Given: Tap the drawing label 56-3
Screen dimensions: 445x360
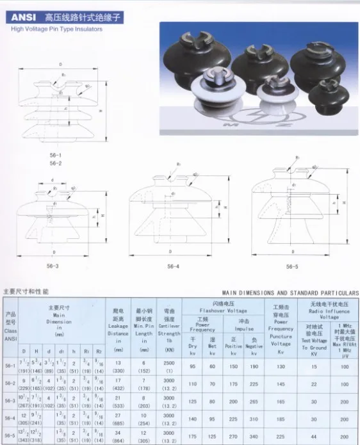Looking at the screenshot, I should (x=53, y=266).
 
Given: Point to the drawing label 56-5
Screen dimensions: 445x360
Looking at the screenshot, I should (x=292, y=266).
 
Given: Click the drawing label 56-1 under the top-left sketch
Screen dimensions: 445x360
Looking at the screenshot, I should (x=56, y=156).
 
